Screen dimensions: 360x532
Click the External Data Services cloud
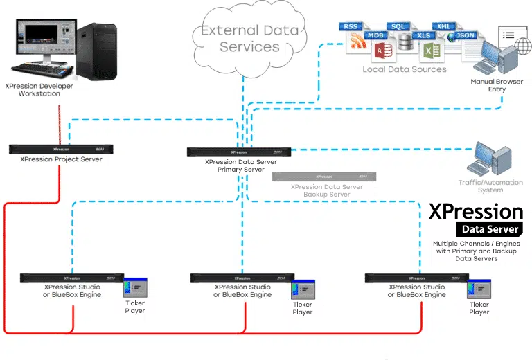249,39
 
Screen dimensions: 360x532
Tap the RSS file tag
351,26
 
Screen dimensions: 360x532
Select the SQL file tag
398,26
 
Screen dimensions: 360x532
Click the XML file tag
445,26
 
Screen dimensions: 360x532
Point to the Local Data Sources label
405,69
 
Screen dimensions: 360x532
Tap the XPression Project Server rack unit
61,149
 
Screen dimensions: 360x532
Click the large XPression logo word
476,210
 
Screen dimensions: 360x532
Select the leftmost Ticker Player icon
134,288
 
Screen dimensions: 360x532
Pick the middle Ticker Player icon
303,289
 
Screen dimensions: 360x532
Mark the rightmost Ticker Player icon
479,289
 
